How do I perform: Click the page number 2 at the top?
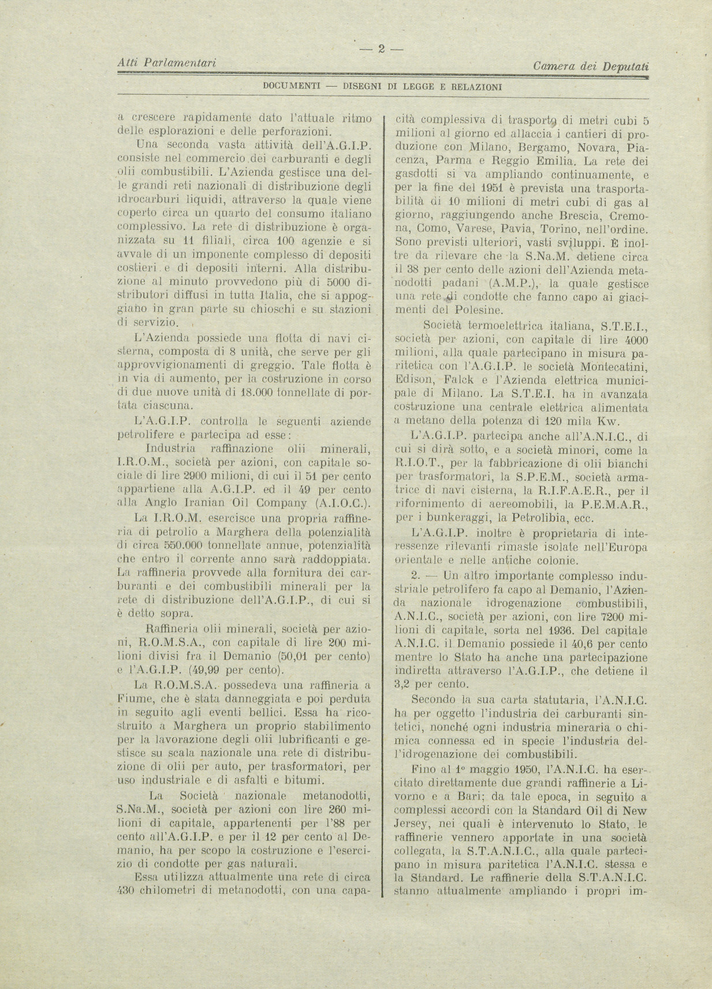(x=381, y=49)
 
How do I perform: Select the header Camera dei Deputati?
(x=591, y=66)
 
